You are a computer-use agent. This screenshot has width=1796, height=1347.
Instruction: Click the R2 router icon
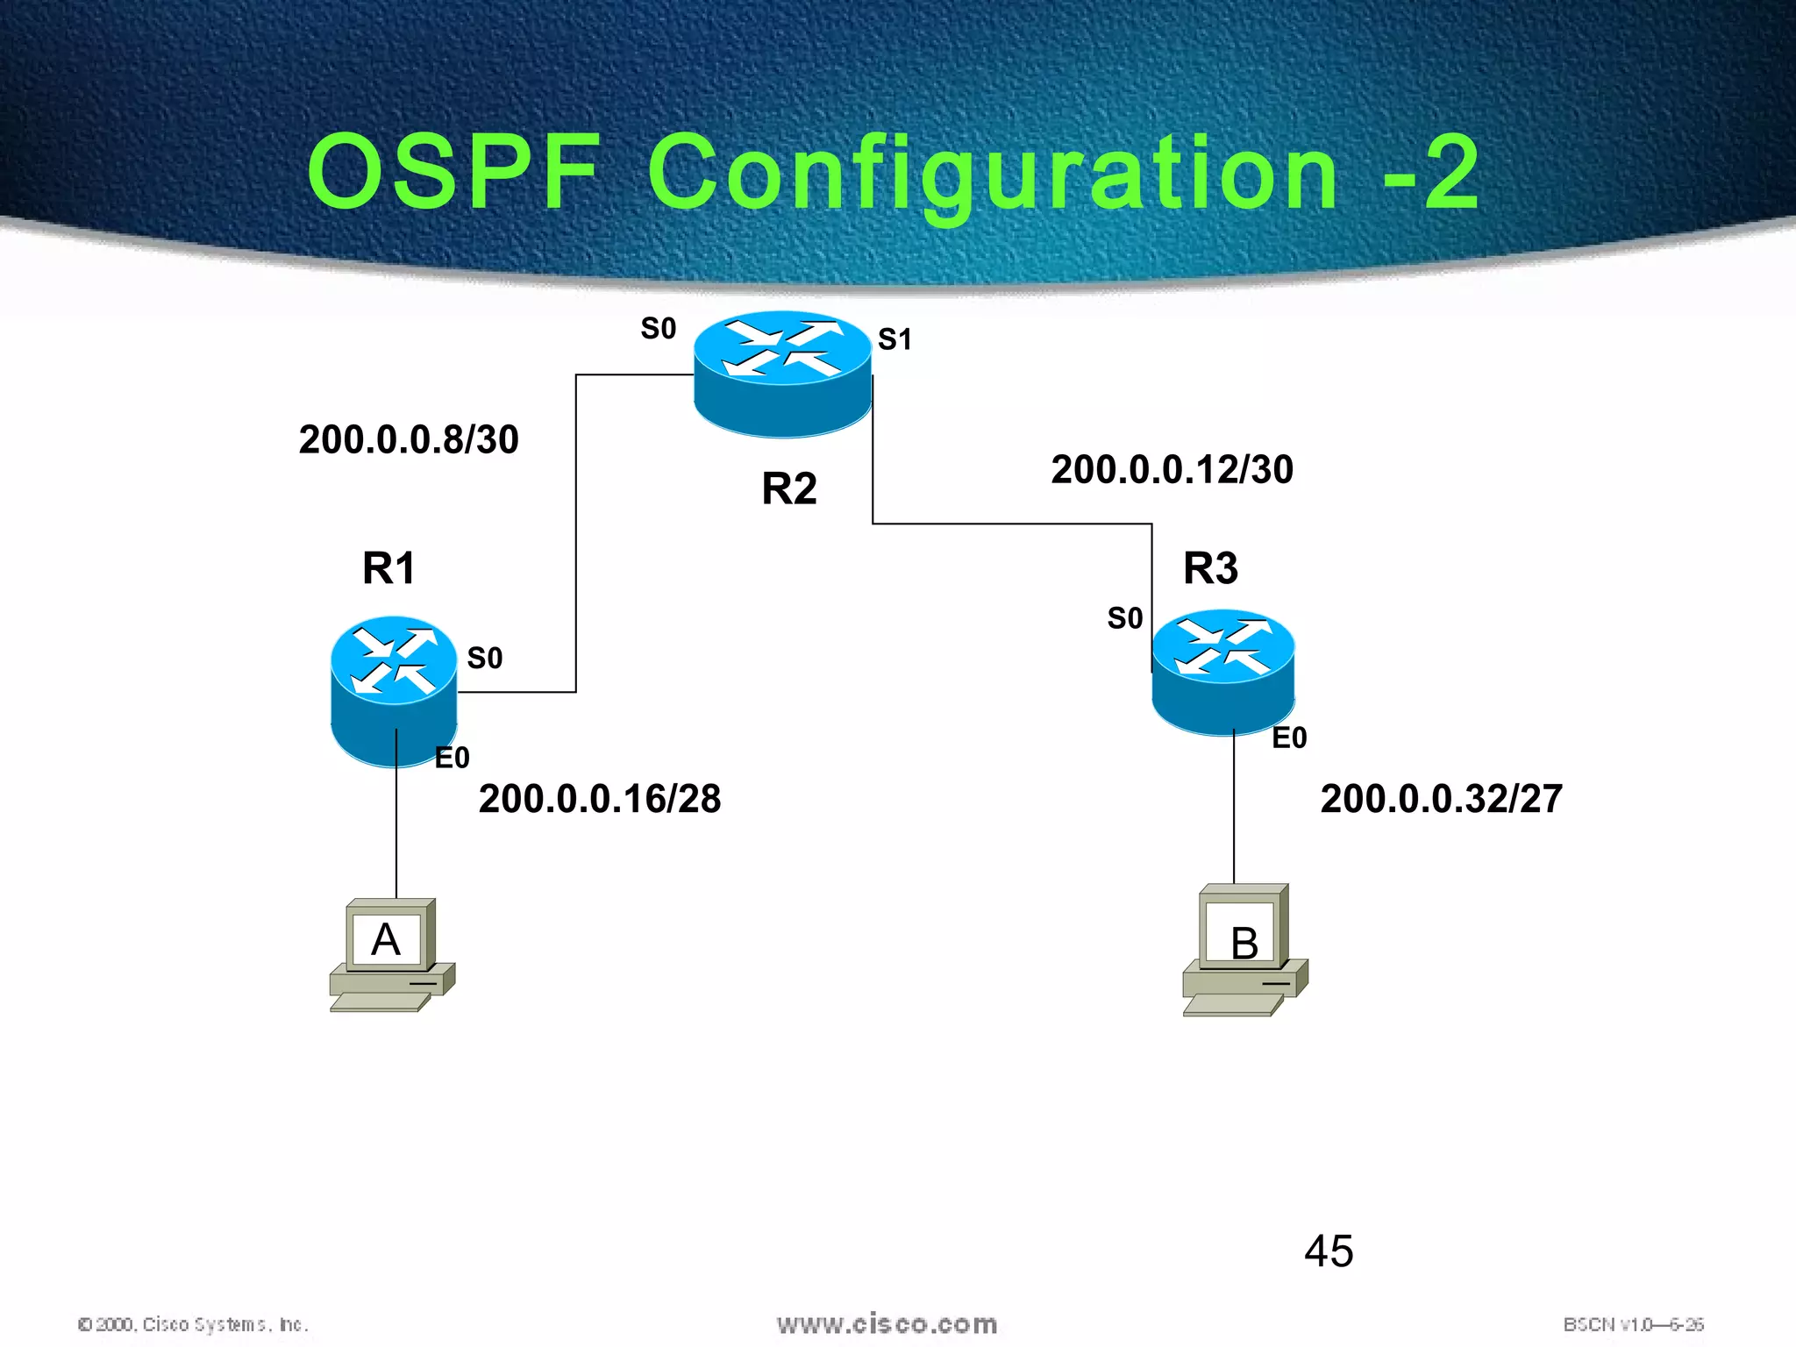coord(782,374)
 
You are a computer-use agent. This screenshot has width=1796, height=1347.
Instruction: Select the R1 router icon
coord(394,692)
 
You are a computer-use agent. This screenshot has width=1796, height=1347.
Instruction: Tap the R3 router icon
coord(1222,672)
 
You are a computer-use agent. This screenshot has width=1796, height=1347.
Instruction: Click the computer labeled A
coord(390,954)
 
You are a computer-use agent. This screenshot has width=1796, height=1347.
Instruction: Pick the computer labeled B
coord(1244,950)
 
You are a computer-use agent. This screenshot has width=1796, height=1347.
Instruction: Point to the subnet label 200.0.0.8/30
coord(409,439)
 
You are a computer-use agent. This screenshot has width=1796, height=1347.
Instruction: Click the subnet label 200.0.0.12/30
coord(1172,470)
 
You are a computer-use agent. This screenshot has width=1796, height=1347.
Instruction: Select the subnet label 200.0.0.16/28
coord(600,799)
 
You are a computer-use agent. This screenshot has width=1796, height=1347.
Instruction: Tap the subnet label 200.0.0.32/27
coord(1441,799)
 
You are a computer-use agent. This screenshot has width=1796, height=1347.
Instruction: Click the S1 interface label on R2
coord(894,339)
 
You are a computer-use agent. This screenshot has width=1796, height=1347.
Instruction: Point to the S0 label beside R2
coord(658,329)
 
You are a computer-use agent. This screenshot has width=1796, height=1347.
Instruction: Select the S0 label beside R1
coord(484,658)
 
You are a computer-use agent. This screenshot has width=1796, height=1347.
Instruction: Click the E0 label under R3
coord(1289,738)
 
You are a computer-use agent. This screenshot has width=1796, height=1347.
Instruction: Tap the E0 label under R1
coord(452,758)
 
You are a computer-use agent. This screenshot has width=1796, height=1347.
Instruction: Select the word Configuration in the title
coord(993,174)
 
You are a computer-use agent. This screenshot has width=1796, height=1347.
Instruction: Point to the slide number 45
coord(1328,1251)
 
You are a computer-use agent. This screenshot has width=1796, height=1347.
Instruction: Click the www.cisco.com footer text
coord(887,1324)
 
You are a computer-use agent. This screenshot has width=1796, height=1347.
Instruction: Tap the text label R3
coord(1210,568)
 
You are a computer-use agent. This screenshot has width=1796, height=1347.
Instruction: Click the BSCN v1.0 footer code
coord(1632,1324)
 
